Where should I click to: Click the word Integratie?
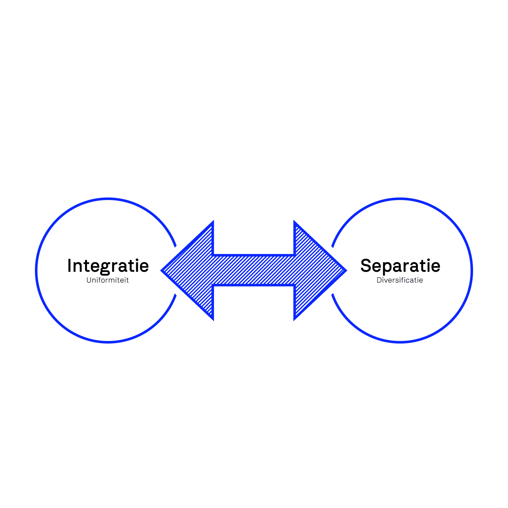(108, 266)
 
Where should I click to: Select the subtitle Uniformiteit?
(108, 280)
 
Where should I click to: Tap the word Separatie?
(400, 266)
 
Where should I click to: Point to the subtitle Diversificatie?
(400, 280)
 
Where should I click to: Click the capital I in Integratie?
(69, 266)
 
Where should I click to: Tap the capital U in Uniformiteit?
(89, 280)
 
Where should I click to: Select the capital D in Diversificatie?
(379, 280)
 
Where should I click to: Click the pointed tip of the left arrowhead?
(162, 271)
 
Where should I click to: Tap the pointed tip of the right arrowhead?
(346, 271)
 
